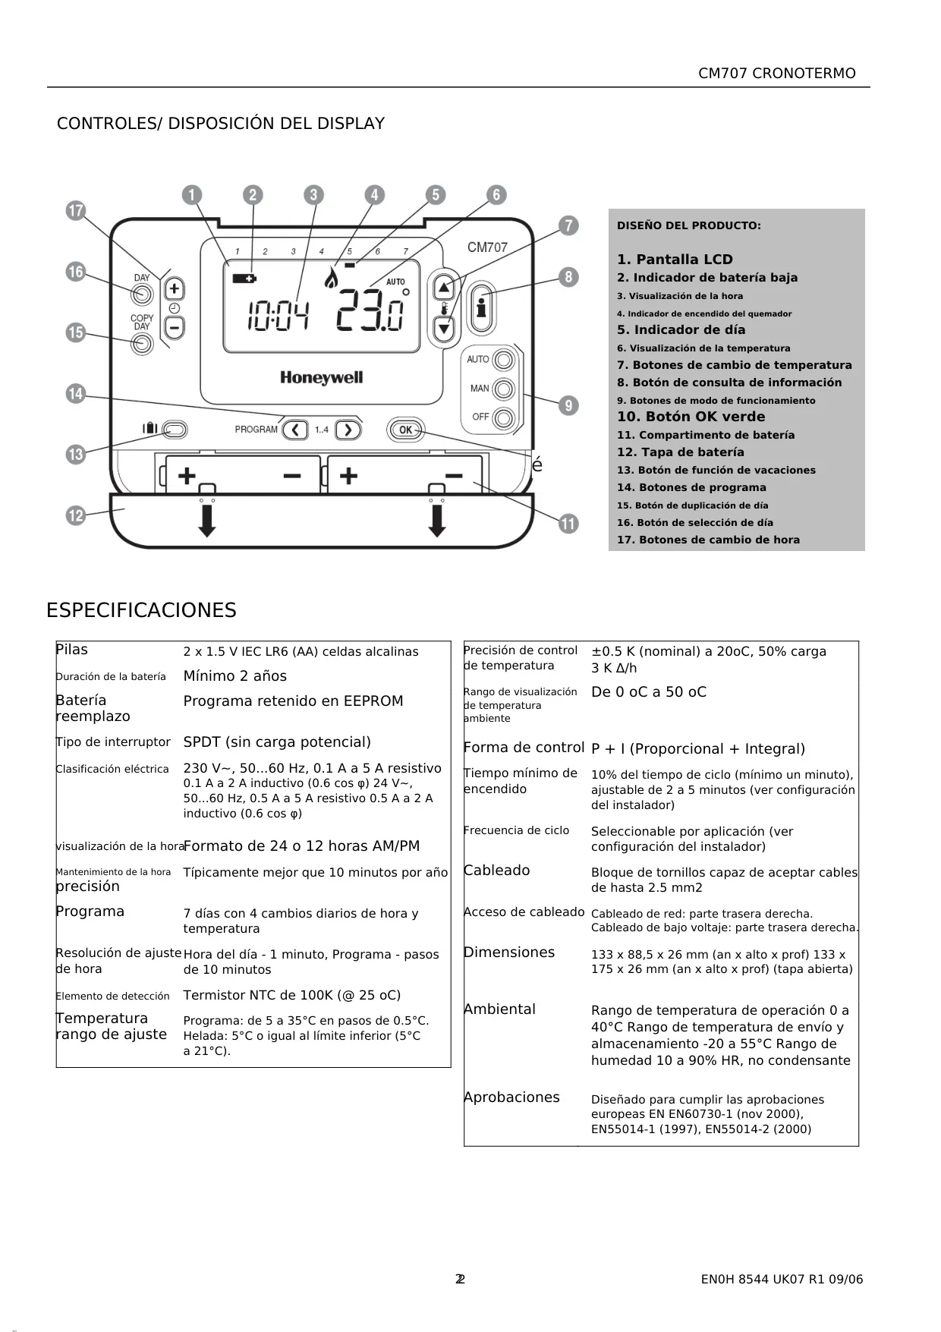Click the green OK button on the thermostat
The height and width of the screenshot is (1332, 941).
click(406, 430)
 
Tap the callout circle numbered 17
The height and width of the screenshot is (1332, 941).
click(75, 211)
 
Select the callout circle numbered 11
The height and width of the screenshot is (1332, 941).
click(568, 524)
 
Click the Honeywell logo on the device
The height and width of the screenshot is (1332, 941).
click(322, 377)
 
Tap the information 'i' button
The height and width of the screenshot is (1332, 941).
click(481, 307)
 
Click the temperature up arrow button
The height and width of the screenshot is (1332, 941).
click(444, 287)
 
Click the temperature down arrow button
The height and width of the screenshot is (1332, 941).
click(444, 329)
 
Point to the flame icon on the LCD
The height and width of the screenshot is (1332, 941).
click(331, 278)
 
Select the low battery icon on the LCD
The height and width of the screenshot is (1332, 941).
click(244, 279)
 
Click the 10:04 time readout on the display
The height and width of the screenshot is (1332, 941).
click(278, 316)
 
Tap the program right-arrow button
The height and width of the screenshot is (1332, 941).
click(348, 430)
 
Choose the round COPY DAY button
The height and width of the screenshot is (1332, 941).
click(141, 344)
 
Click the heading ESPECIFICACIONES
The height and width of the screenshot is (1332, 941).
click(141, 610)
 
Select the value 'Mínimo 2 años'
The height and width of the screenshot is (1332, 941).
click(235, 675)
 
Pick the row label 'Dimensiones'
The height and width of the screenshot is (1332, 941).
click(509, 952)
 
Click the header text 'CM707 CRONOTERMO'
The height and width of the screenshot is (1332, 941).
click(777, 74)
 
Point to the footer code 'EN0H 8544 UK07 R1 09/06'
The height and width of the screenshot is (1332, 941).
click(782, 1280)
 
